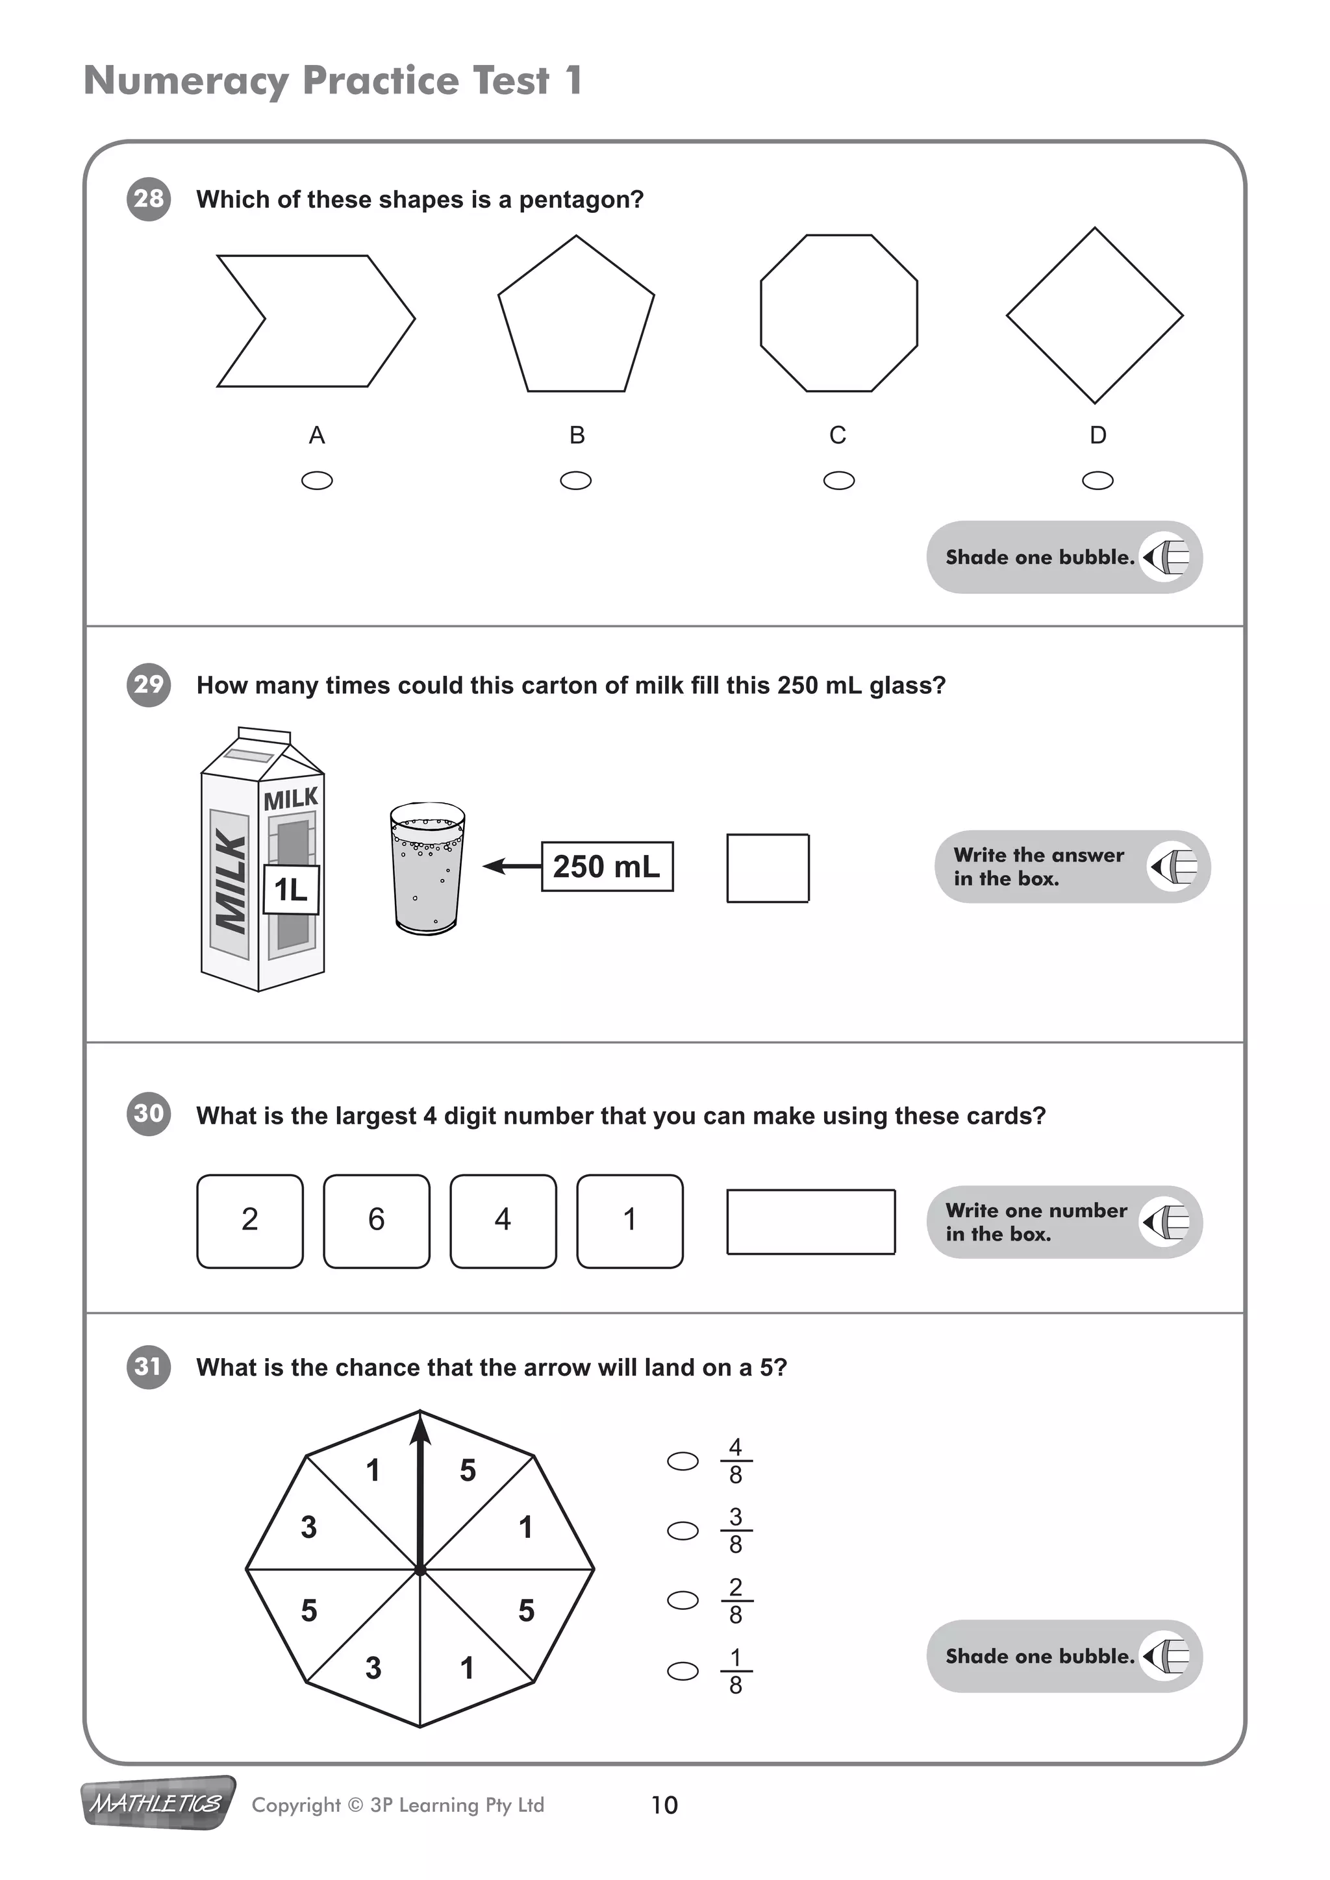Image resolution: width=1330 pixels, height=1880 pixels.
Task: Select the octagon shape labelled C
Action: [x=838, y=314]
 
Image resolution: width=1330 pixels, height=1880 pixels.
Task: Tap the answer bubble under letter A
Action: [x=317, y=480]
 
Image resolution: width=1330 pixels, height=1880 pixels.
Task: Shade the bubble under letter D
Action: [x=1098, y=480]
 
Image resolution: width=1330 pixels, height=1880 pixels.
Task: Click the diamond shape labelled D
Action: [x=1094, y=315]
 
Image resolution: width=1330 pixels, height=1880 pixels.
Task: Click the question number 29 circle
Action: [x=148, y=684]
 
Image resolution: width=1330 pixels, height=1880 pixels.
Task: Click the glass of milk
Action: [x=427, y=868]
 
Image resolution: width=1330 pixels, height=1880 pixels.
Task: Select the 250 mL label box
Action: [x=607, y=866]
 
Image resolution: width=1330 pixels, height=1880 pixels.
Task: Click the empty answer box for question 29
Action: [x=768, y=868]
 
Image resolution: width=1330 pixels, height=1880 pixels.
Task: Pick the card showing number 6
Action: [x=376, y=1221]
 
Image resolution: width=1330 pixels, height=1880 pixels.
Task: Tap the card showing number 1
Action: [x=629, y=1221]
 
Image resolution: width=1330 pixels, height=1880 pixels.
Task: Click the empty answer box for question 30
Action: [x=810, y=1222]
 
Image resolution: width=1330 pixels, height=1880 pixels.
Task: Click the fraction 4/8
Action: [x=735, y=1461]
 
